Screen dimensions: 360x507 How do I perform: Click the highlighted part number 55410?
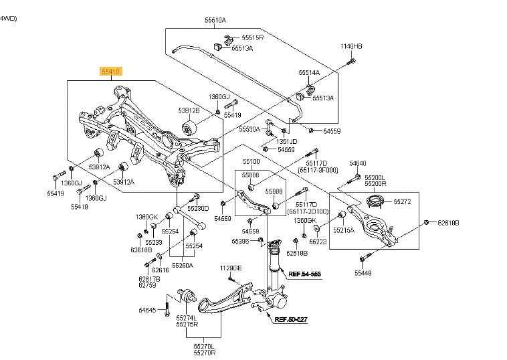click(x=110, y=70)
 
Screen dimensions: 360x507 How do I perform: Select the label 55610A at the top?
click(x=215, y=21)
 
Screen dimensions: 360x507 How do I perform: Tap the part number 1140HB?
click(x=351, y=46)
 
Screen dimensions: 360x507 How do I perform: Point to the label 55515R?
click(x=253, y=38)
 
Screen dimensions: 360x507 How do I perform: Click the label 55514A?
click(x=309, y=72)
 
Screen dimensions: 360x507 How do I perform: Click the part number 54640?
click(x=358, y=164)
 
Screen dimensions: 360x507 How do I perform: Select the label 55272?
click(x=403, y=201)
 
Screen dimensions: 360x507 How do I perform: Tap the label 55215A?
click(x=345, y=230)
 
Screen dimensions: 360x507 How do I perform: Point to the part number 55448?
click(x=363, y=273)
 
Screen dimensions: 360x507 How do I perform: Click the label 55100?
click(x=251, y=162)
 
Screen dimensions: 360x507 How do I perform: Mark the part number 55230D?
click(x=199, y=208)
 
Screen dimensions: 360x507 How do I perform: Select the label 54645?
click(x=146, y=310)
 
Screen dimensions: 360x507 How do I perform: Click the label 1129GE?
click(x=229, y=268)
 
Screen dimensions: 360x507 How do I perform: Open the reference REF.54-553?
click(x=304, y=274)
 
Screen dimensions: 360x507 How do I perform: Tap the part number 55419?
click(x=56, y=193)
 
